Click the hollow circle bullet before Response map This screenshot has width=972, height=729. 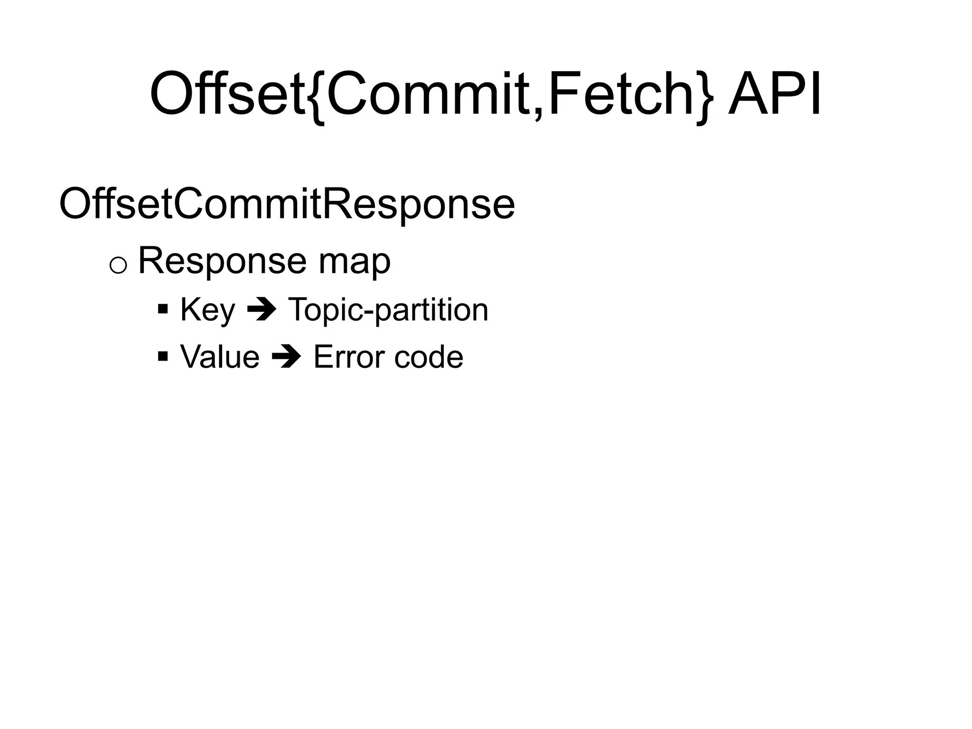pyautogui.click(x=118, y=266)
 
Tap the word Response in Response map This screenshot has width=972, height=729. pyautogui.click(x=222, y=261)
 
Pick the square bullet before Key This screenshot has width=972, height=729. pyautogui.click(x=163, y=310)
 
